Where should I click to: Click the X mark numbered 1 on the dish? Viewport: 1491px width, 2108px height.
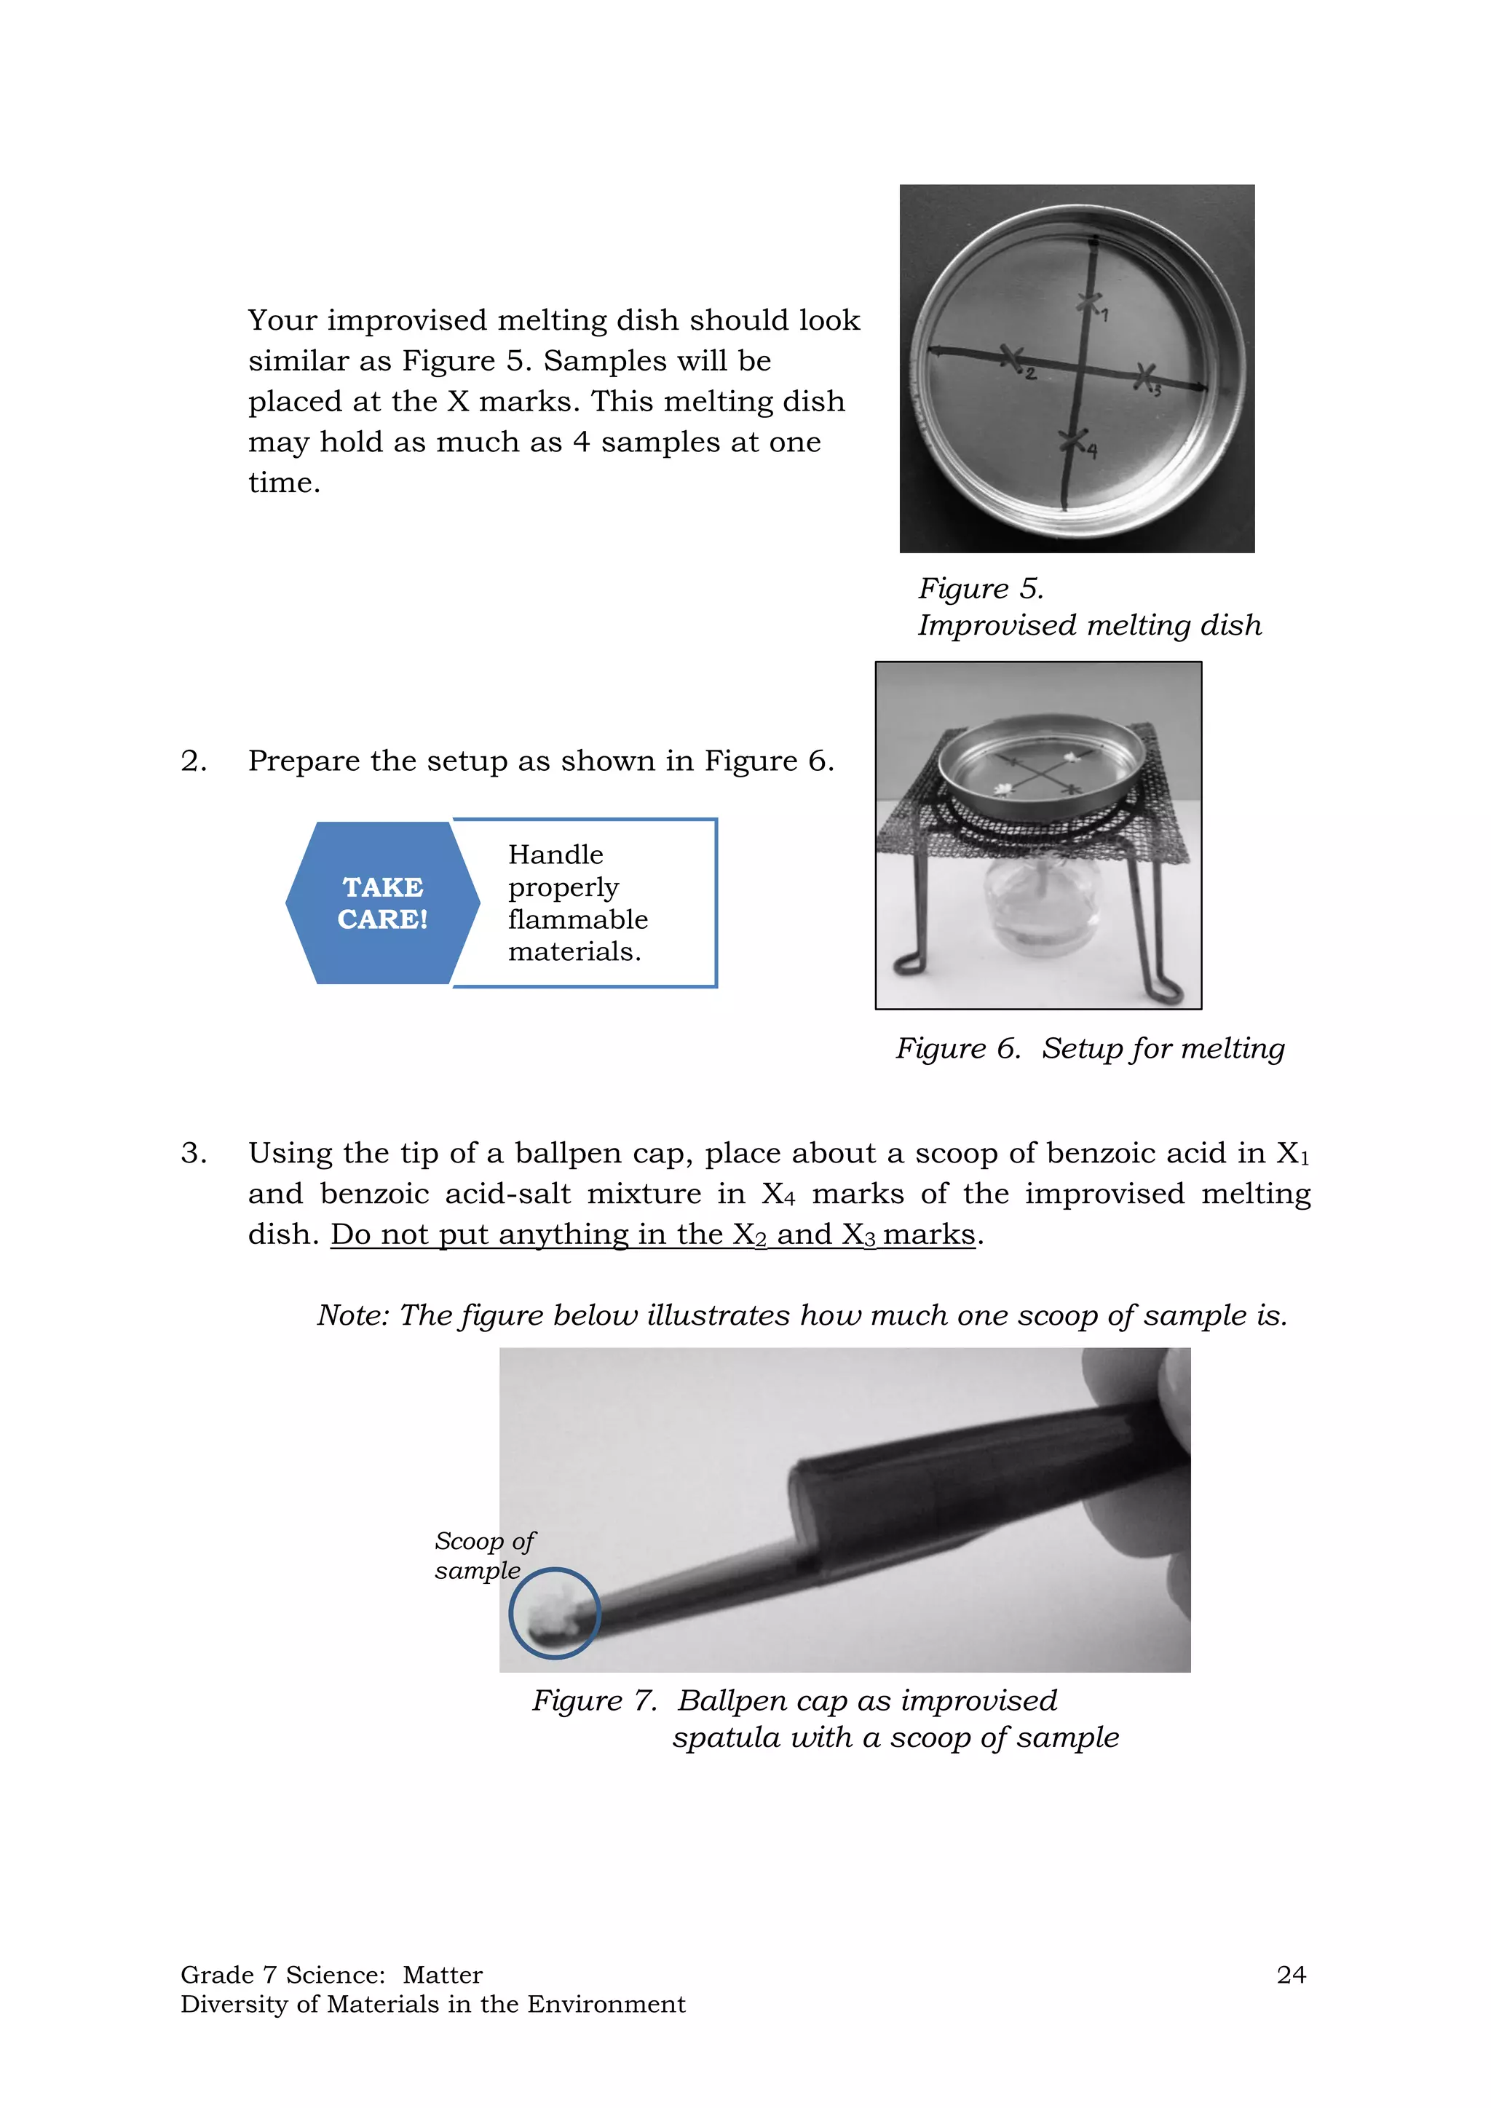click(x=1090, y=303)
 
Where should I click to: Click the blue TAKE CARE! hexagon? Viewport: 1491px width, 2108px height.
click(x=383, y=903)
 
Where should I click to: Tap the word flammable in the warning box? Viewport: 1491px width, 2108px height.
click(x=577, y=919)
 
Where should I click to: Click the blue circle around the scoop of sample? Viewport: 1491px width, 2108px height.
click(x=555, y=1613)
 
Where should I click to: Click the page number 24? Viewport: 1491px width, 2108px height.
click(x=1290, y=1975)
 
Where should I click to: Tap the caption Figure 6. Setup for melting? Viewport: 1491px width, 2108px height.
click(x=1090, y=1048)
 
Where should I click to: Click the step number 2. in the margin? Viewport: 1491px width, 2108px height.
click(x=193, y=761)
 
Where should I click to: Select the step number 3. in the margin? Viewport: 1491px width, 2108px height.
click(x=193, y=1153)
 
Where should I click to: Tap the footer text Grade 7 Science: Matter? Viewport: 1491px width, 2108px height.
click(x=331, y=1975)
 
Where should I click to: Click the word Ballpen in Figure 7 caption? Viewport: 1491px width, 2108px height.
click(x=732, y=1701)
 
